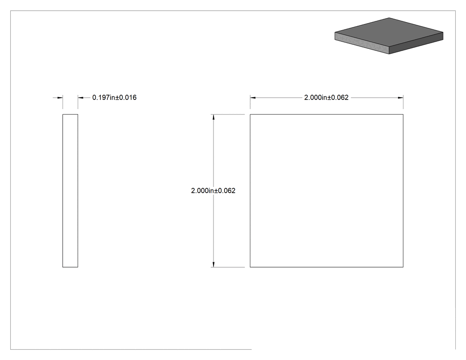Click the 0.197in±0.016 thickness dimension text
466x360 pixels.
tap(115, 98)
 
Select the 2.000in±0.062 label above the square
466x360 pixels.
tap(326, 98)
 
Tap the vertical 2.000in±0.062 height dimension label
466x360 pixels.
tap(213, 190)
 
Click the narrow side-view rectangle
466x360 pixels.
tap(63, 190)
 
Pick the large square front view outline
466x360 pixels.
tap(250, 190)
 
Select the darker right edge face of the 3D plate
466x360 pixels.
tap(416, 44)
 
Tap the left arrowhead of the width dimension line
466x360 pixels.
tap(253, 98)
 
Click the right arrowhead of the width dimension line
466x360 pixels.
tap(400, 98)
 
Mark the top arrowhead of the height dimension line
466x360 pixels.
tap(213, 117)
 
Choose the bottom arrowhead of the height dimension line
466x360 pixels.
tap(213, 264)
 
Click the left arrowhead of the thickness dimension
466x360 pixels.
tap(60, 98)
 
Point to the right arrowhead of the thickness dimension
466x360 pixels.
tap(81, 98)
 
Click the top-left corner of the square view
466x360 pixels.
tap(250, 114)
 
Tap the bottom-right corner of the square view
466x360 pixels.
tap(403, 267)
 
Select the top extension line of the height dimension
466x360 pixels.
tap(228, 114)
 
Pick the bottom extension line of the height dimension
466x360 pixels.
tap(228, 267)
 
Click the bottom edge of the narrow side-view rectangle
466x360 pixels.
tap(70, 267)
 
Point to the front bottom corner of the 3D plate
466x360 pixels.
tap(389, 54)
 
